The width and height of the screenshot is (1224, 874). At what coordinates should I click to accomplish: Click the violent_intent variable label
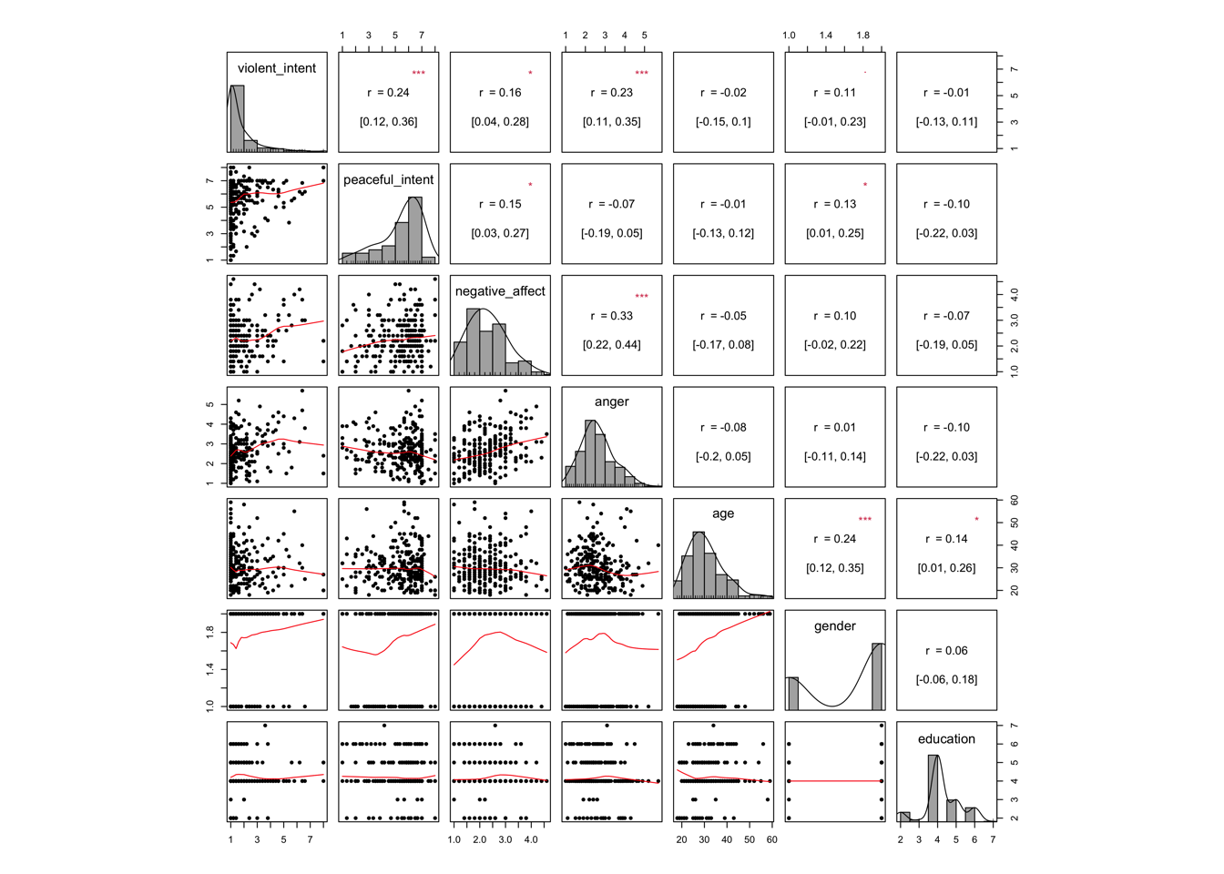click(x=277, y=68)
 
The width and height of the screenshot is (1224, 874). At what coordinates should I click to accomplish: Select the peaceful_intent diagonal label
click(x=389, y=180)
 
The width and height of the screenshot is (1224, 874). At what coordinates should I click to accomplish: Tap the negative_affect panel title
click(x=500, y=291)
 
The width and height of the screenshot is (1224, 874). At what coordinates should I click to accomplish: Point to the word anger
click(x=612, y=401)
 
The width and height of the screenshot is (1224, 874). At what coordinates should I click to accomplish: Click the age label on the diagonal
click(x=723, y=513)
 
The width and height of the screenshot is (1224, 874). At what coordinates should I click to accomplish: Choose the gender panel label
click(x=835, y=626)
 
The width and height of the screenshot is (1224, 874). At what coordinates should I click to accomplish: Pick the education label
click(x=946, y=739)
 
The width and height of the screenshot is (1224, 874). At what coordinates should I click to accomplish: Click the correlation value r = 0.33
click(x=612, y=316)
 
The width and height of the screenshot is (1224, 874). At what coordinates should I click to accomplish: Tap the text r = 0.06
click(x=946, y=651)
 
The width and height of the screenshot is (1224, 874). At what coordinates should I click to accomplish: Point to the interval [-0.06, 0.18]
click(x=946, y=679)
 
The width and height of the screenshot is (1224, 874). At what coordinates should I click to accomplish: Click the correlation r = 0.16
click(x=500, y=93)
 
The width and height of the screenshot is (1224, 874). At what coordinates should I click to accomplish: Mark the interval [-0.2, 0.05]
click(x=723, y=456)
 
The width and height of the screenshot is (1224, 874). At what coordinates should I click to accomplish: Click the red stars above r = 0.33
click(x=642, y=296)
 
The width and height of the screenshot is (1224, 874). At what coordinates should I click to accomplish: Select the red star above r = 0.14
click(x=977, y=520)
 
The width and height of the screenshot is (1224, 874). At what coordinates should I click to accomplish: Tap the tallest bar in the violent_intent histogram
click(x=237, y=118)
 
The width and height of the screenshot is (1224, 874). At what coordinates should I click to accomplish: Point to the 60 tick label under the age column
click(x=771, y=839)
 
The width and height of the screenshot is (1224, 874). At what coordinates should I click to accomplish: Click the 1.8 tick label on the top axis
click(x=862, y=36)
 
